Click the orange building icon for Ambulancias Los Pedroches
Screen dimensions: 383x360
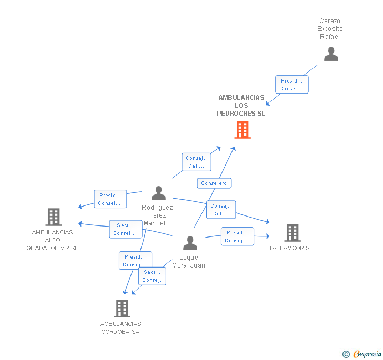[242, 130]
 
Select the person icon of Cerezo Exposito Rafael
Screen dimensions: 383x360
[331, 54]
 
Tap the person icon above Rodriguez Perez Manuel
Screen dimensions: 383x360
[158, 193]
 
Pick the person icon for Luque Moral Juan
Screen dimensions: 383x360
[190, 243]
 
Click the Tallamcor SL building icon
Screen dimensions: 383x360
[292, 232]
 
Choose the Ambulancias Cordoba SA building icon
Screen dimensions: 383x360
[122, 308]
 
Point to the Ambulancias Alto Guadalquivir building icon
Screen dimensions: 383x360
[53, 217]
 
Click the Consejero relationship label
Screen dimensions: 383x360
[214, 183]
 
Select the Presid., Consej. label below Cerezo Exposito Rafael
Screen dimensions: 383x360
[292, 85]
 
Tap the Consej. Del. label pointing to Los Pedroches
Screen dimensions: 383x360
[197, 162]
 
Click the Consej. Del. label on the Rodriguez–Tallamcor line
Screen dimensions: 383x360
[221, 210]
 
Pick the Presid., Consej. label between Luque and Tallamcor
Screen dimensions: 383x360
[237, 236]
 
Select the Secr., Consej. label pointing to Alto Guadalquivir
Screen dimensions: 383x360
[125, 229]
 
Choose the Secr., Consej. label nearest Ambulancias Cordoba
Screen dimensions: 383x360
[152, 276]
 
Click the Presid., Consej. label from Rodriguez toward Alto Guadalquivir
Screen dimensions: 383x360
[110, 199]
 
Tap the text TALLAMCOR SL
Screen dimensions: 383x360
[290, 248]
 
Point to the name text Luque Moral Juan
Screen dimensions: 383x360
[188, 261]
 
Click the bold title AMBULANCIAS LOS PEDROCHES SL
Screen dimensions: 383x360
[241, 106]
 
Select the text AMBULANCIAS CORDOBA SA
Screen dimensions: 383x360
[121, 327]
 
